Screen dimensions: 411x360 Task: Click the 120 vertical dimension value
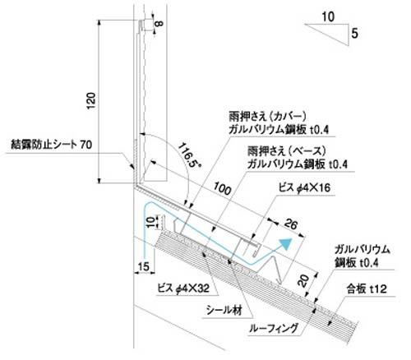coord(91,101)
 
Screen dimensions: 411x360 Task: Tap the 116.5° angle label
coord(190,155)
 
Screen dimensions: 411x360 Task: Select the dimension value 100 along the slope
coord(222,189)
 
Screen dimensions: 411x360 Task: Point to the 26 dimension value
coord(290,224)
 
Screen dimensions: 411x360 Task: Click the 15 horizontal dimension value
coord(143,266)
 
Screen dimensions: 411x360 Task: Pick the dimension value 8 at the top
coord(159,23)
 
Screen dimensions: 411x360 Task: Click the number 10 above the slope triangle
coord(328,16)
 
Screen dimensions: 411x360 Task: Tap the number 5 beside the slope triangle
coord(354,34)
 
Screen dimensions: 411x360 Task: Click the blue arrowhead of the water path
coord(286,243)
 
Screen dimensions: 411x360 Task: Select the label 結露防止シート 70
coord(51,145)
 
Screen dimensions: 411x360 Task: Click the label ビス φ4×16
coord(304,188)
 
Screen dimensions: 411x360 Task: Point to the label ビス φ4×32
coord(183,288)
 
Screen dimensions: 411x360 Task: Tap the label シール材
coord(224,311)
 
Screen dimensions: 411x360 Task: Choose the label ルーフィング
coord(274,328)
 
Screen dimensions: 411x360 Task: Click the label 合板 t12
coord(367,288)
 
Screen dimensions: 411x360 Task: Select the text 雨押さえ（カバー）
coord(268,117)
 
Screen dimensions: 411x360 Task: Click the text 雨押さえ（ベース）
coord(287,150)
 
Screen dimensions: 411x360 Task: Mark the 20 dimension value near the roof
coord(303,281)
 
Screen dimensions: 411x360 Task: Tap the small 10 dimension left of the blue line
coord(150,222)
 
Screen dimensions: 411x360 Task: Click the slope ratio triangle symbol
coord(327,35)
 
